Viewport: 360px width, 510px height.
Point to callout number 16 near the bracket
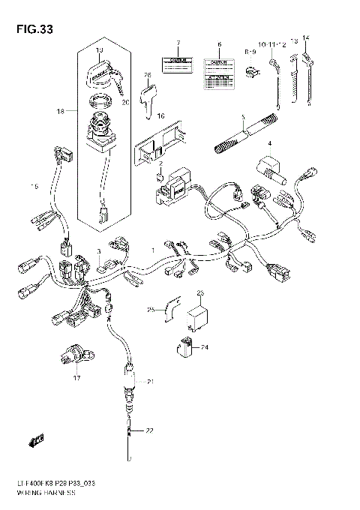[159, 115]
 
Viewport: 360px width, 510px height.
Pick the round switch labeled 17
[76, 354]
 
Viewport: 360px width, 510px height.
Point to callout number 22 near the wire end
[148, 430]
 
